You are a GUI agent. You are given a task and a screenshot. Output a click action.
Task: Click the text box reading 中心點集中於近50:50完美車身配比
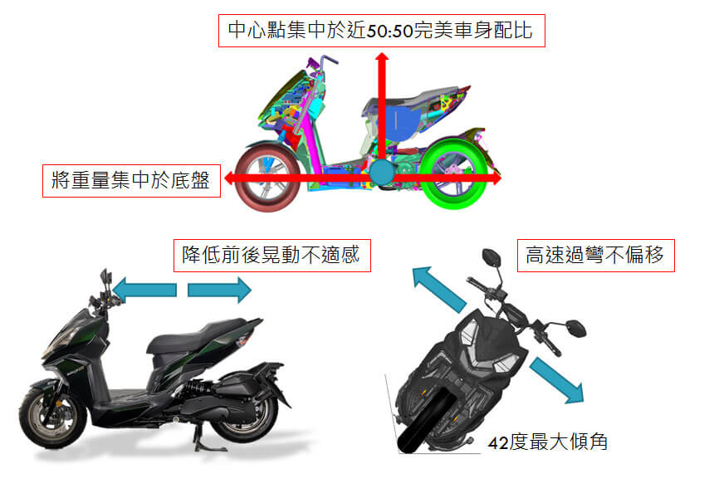(x=381, y=32)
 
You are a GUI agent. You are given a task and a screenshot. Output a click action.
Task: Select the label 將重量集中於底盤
(x=132, y=179)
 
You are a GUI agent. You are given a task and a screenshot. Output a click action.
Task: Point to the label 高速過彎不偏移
(x=595, y=256)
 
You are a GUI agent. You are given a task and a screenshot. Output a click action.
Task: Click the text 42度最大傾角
(x=548, y=442)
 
